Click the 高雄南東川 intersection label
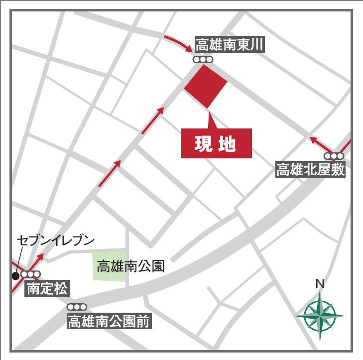(229, 46)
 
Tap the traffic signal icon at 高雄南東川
(203, 60)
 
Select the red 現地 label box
(216, 143)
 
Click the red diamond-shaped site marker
(206, 86)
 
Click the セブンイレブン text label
(56, 240)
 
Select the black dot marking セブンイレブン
(16, 275)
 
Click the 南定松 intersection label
(47, 288)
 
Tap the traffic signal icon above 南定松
(31, 274)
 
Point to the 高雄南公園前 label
(109, 321)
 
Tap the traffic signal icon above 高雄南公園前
(77, 307)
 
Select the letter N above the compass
(320, 284)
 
